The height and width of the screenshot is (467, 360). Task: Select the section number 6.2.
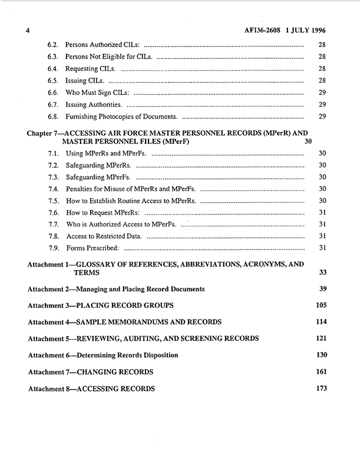coord(52,45)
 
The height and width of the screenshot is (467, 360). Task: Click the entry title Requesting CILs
coord(90,68)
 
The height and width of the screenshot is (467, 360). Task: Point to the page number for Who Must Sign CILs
coord(322,92)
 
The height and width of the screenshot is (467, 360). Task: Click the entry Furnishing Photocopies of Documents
coord(121,116)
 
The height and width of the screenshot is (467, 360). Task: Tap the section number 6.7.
coord(52,104)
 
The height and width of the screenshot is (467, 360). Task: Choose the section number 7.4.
coord(52,189)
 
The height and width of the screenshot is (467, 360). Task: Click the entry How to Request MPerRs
coord(102,212)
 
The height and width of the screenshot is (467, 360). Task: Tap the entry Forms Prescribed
coord(92,248)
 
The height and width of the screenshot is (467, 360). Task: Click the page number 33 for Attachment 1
coord(322,273)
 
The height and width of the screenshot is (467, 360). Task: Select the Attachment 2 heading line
coord(116,289)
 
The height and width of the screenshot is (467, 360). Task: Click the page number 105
coord(321,305)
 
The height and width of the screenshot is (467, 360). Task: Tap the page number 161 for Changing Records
coord(321,372)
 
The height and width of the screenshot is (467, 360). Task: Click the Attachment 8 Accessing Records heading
coord(91,389)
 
